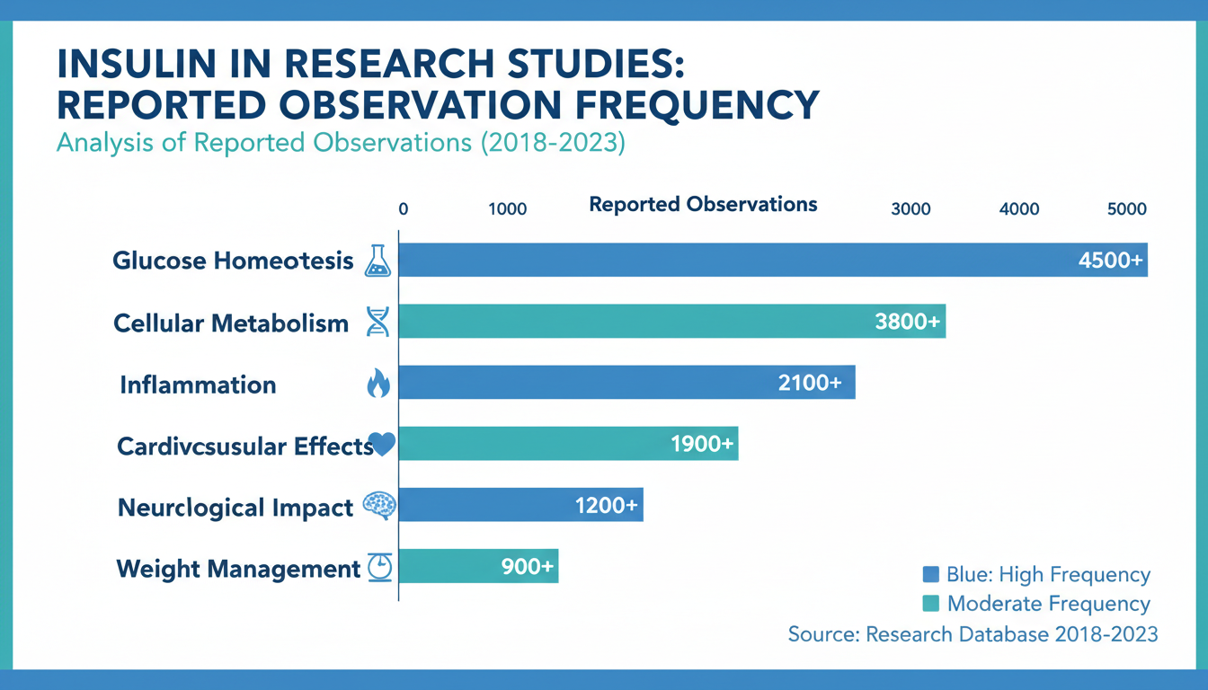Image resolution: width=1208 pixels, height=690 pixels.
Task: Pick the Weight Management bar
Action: tap(449, 567)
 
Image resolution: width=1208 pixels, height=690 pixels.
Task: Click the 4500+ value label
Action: tap(1111, 261)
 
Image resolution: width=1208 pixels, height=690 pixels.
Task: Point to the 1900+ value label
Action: tap(703, 444)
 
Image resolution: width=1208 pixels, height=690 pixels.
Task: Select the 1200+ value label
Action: tap(607, 506)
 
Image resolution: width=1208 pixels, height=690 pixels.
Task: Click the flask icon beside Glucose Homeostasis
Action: tap(378, 261)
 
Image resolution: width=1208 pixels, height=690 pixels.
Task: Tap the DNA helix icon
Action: tap(378, 322)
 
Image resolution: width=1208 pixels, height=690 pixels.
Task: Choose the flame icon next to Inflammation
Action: tap(378, 385)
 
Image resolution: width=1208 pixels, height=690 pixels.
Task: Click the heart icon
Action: tap(383, 444)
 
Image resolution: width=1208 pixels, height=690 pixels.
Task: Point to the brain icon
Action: tap(378, 506)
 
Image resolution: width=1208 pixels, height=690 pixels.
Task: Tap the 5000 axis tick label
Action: tap(1126, 209)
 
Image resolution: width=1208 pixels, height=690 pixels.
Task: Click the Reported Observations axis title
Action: tap(703, 205)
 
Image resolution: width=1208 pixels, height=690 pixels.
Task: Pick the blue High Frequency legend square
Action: tap(931, 575)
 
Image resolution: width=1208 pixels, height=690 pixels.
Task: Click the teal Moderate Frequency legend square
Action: tap(931, 603)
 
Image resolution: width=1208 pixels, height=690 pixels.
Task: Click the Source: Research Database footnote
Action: tap(973, 633)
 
